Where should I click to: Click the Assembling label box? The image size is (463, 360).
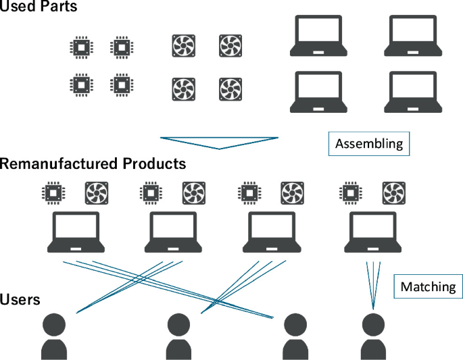tap(369, 144)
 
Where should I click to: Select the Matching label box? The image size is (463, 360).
tap(428, 286)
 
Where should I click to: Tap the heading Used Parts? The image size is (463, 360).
tap(39, 7)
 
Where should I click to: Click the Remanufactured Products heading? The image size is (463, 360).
tap(93, 163)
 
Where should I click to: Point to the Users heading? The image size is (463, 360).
tap(20, 299)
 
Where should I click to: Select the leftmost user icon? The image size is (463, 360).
tap(54, 336)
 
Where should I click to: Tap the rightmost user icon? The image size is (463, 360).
tap(373, 336)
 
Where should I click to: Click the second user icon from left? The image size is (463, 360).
tap(178, 336)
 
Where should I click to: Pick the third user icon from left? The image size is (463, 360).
tap(294, 336)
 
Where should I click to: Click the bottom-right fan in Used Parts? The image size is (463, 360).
tap(230, 88)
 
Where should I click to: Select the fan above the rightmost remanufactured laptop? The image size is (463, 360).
tap(393, 192)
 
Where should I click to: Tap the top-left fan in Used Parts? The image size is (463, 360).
tap(183, 46)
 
